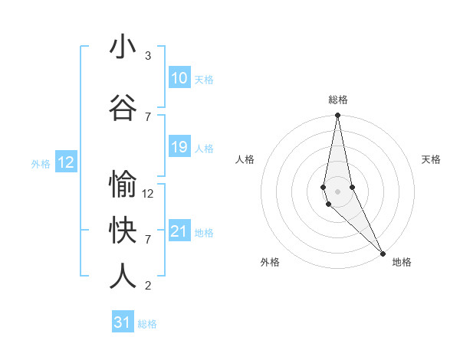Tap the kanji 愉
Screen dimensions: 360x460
(123, 185)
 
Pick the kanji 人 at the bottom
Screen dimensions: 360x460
(123, 277)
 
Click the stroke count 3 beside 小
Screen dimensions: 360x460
(148, 56)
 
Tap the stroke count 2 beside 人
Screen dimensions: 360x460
(148, 286)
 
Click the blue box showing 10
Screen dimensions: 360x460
(179, 78)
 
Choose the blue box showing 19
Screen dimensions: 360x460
(179, 147)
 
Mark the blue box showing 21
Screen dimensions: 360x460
(179, 231)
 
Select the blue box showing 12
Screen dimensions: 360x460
(66, 162)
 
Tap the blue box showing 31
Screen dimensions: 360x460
(123, 322)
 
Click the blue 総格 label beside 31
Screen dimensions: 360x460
(147, 324)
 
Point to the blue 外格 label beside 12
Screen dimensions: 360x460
(41, 163)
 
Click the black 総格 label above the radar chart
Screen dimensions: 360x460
(337, 100)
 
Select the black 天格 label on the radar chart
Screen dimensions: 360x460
(431, 159)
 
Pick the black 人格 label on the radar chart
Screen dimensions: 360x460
(245, 159)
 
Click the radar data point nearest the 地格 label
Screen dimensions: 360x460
(383, 253)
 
